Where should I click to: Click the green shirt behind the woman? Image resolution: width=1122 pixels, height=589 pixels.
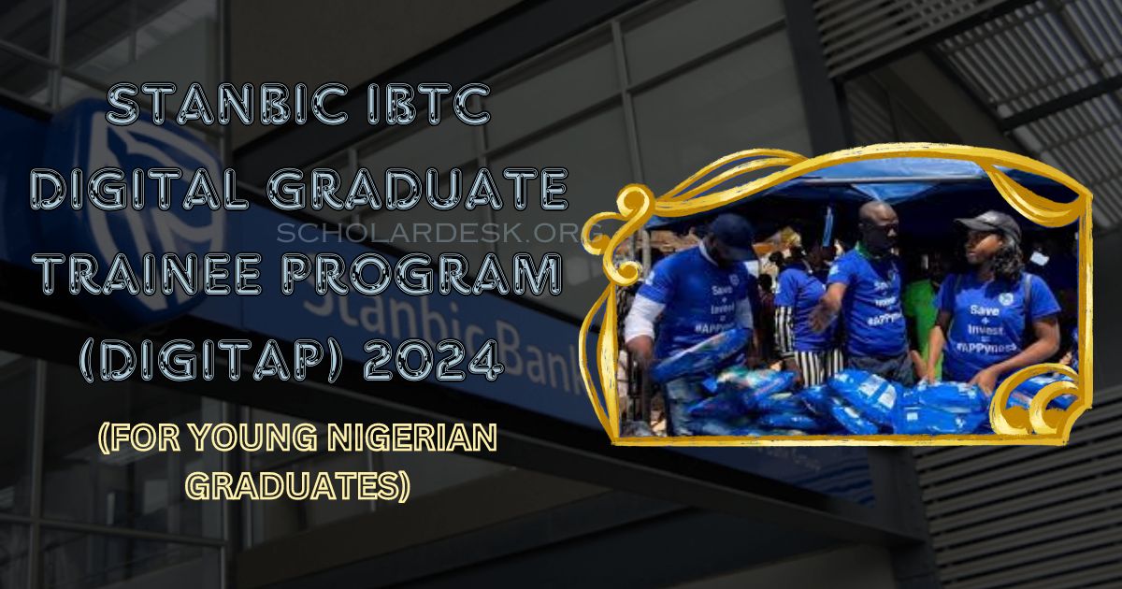(x=921, y=299)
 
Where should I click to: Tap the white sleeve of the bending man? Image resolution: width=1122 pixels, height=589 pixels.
(x=642, y=318)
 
